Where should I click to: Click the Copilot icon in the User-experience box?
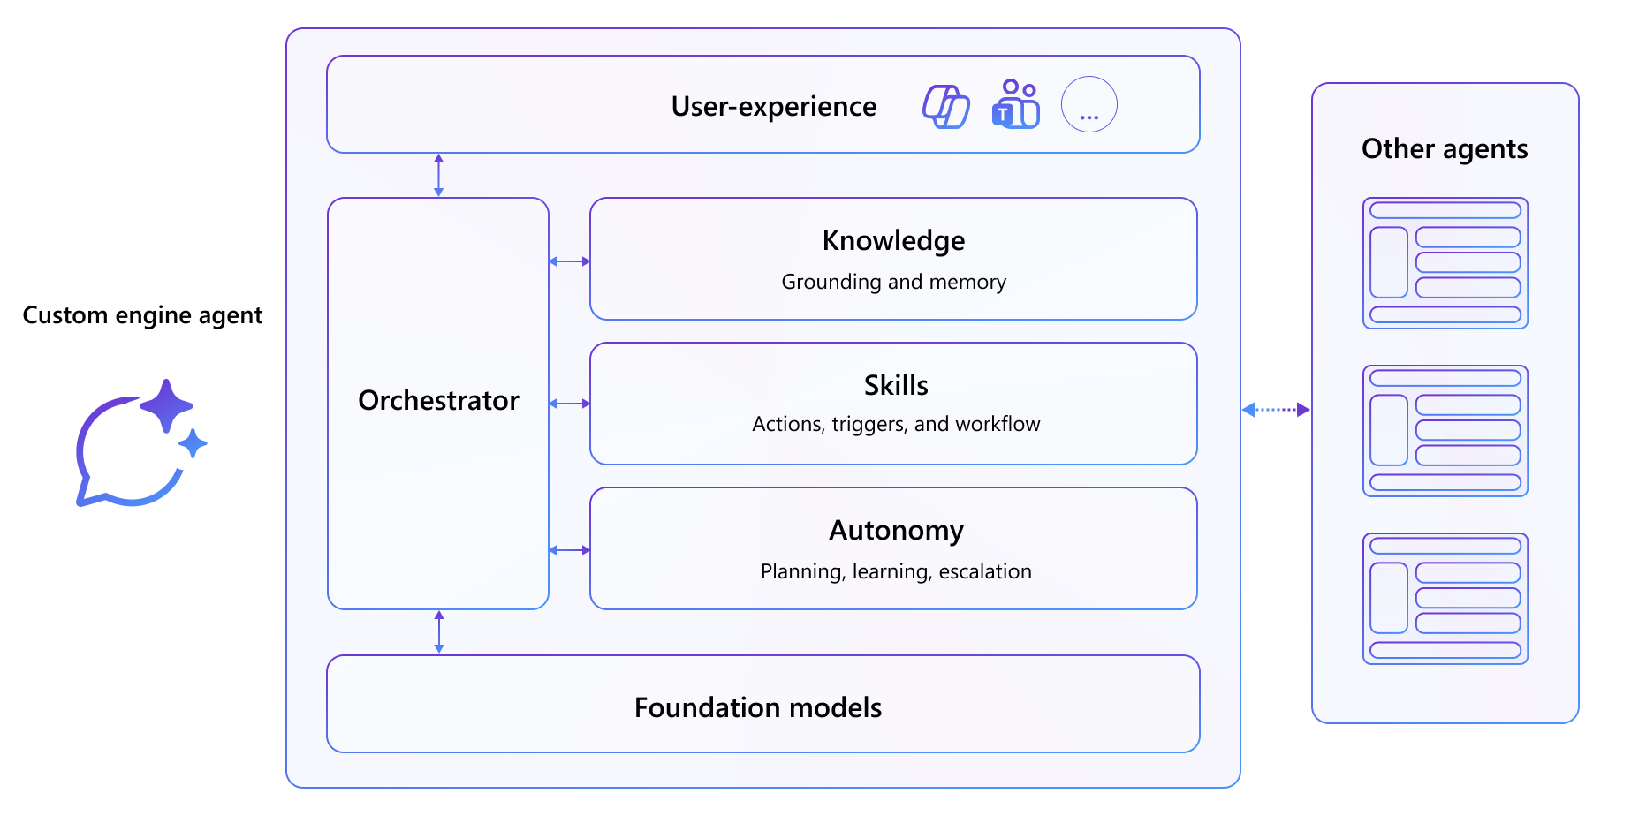point(945,106)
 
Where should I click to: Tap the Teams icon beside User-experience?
point(1016,104)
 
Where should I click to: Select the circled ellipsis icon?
point(1089,105)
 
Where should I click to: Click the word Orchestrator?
point(438,401)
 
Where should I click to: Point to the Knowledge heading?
point(893,241)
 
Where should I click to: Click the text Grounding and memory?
point(893,282)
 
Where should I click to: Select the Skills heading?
point(895,386)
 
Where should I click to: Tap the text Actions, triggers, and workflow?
point(895,425)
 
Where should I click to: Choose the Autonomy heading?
point(895,531)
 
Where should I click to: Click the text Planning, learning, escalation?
point(895,571)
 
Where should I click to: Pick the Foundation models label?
point(757,707)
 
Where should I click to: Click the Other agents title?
point(1444,149)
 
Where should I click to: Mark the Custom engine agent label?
point(142,315)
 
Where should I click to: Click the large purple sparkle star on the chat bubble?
point(166,405)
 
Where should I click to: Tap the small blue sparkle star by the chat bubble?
point(193,443)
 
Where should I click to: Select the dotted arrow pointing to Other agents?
point(1275,410)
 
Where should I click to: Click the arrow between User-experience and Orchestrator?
point(438,175)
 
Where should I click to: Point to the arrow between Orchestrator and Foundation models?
point(439,631)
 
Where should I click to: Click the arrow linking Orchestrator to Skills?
point(569,404)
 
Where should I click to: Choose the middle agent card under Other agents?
point(1445,431)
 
